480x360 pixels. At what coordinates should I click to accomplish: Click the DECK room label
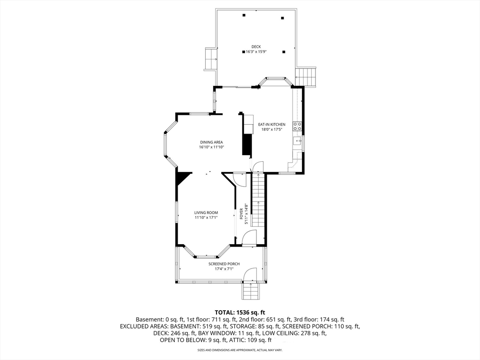click(256, 47)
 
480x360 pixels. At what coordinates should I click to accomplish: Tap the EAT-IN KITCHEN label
click(271, 125)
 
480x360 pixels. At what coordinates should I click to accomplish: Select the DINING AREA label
click(211, 142)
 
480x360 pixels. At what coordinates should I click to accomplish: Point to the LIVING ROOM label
click(206, 213)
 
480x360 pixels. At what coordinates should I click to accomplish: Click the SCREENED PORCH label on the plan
click(224, 264)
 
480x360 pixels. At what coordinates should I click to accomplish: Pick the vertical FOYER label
click(241, 214)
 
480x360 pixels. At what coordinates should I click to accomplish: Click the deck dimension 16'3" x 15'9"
click(256, 52)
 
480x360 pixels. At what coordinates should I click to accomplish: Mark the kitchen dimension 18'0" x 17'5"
click(271, 129)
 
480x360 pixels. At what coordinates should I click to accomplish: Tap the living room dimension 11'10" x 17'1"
click(206, 217)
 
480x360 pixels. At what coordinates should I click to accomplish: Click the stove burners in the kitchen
click(297, 127)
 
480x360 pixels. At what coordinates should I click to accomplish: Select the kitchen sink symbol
click(297, 141)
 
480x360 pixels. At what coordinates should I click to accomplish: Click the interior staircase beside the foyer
click(258, 200)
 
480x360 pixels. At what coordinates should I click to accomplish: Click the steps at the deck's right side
click(306, 77)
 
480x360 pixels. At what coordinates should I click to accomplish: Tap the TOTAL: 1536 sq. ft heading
click(240, 313)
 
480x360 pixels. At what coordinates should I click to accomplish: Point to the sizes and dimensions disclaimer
click(240, 350)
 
